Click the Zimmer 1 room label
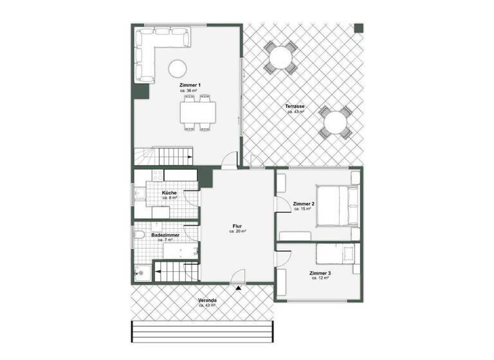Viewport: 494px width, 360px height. (190, 85)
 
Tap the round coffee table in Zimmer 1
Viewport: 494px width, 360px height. (177, 67)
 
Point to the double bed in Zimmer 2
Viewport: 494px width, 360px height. (337, 206)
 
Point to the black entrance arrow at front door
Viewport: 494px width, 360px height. (239, 288)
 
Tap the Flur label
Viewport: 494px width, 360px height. (237, 226)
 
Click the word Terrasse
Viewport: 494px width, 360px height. (295, 106)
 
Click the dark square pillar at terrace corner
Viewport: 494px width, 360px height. (358, 28)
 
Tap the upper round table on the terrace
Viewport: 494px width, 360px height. (281, 57)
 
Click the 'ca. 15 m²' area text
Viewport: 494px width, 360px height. (302, 209)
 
